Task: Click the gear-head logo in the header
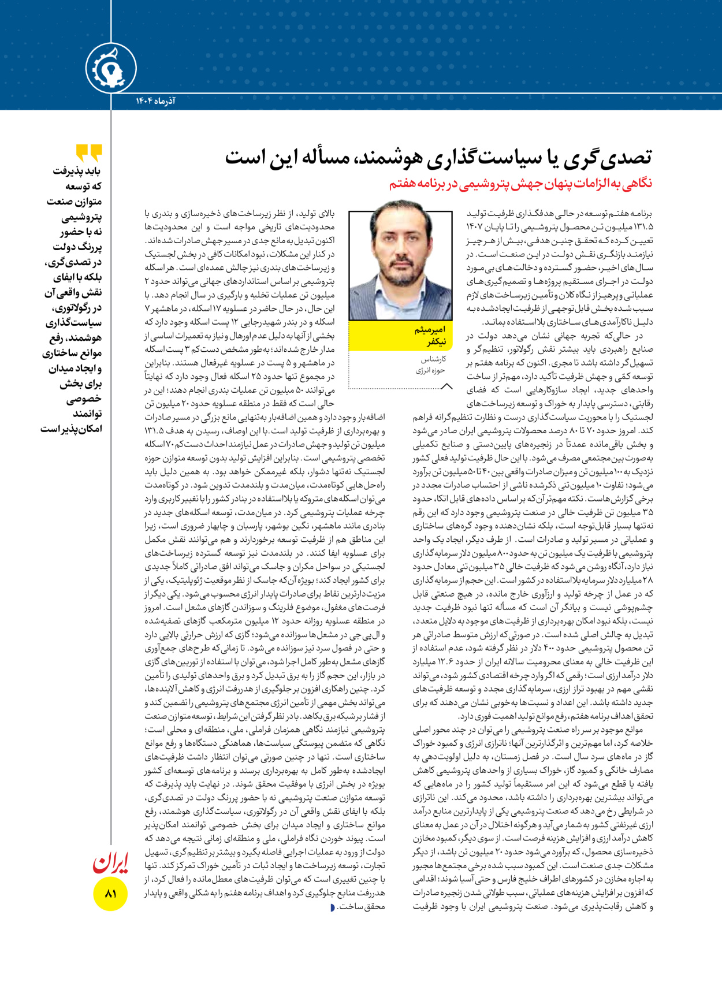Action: pyautogui.click(x=111, y=68)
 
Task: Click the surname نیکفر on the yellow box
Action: pyautogui.click(x=436, y=342)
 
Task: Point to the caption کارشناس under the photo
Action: pyautogui.click(x=433, y=359)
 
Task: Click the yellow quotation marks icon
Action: pyautogui.click(x=89, y=153)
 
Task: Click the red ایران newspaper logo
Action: pyautogui.click(x=110, y=863)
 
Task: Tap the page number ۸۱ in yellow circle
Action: pyautogui.click(x=110, y=894)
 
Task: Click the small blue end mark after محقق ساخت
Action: pyautogui.click(x=333, y=907)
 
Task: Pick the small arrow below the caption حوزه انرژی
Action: pyautogui.click(x=446, y=386)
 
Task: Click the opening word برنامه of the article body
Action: pyautogui.click(x=641, y=214)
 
